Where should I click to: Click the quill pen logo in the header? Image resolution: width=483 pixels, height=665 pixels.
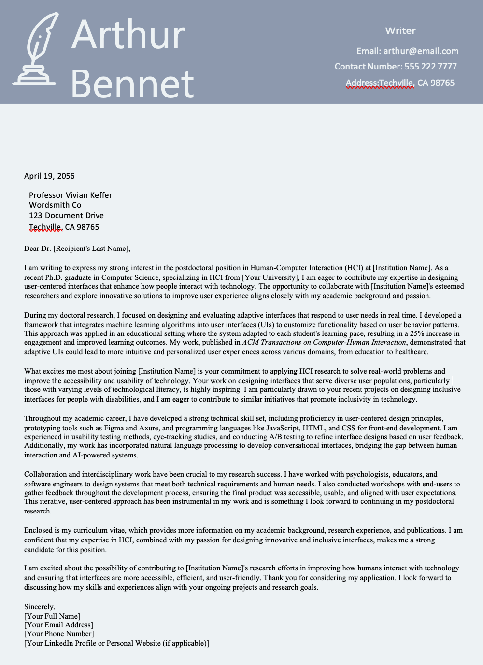click(35, 50)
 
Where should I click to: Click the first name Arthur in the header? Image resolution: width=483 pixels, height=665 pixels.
click(128, 35)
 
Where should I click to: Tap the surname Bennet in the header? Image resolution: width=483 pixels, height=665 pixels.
click(132, 84)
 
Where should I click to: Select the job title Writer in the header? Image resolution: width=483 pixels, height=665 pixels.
click(400, 31)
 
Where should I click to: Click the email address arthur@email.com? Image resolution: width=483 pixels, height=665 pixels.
click(421, 51)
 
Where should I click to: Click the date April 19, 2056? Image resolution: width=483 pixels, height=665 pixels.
click(49, 176)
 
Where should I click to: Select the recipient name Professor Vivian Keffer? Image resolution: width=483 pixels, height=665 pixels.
click(71, 195)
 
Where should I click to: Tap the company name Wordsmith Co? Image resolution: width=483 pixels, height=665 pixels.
click(55, 205)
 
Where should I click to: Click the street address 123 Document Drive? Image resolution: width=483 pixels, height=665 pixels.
click(66, 216)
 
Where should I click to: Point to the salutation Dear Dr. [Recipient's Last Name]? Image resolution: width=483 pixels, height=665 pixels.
click(77, 249)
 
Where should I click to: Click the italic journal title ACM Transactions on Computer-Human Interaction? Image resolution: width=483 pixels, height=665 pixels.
click(324, 342)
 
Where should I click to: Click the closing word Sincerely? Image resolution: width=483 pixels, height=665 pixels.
click(40, 607)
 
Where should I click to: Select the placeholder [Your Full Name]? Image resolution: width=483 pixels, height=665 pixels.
click(52, 616)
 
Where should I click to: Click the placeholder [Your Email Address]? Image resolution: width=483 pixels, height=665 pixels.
click(58, 625)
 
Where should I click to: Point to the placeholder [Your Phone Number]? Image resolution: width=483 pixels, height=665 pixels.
click(59, 634)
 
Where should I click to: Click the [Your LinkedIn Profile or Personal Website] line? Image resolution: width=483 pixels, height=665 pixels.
click(116, 643)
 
